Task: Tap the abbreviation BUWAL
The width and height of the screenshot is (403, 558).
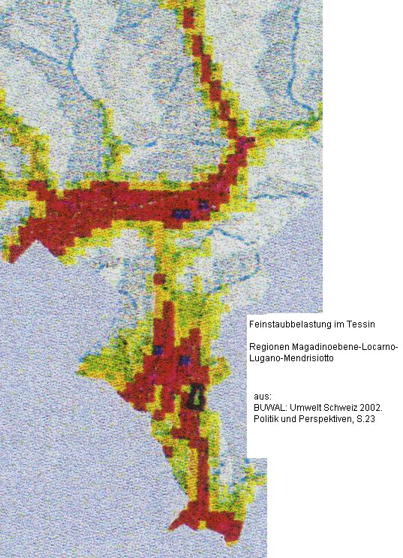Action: pyautogui.click(x=269, y=407)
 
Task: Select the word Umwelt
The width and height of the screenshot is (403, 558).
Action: pyautogui.click(x=303, y=407)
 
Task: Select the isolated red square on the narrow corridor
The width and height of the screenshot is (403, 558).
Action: pyautogui.click(x=159, y=279)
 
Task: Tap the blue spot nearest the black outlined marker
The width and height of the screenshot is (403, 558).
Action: pyautogui.click(x=185, y=360)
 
